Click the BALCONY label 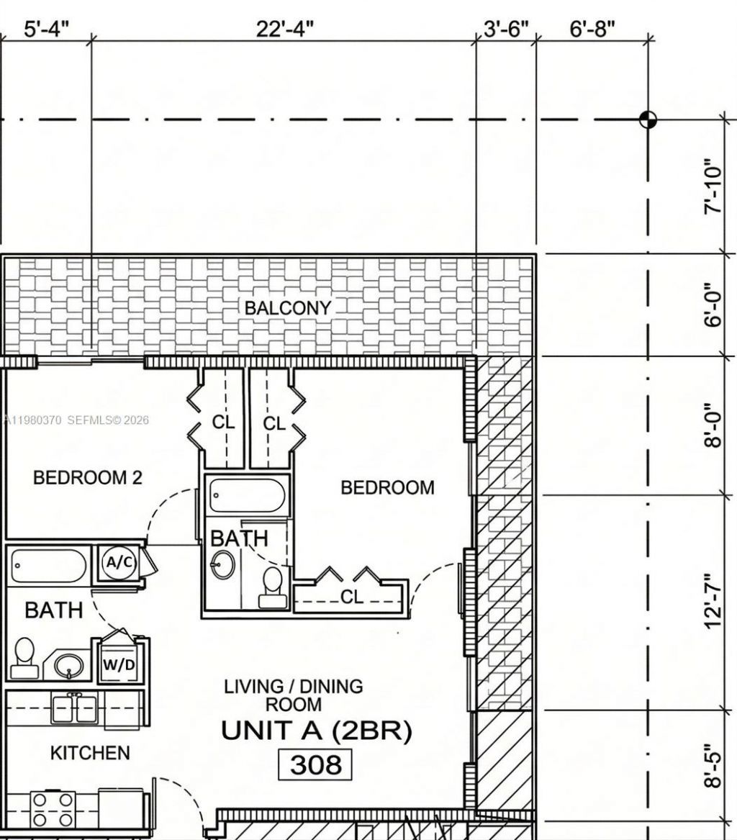288,308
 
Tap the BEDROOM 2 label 87,477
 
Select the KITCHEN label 90,753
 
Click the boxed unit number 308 315,764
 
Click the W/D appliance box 119,664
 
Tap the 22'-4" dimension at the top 285,30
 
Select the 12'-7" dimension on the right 713,602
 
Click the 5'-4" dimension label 47,30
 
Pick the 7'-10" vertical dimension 713,186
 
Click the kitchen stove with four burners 53,809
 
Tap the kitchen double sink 75,708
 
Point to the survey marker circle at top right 648,119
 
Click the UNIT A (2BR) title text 317,731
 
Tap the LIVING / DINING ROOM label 294,695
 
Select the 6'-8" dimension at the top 593,30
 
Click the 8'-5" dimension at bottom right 713,766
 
